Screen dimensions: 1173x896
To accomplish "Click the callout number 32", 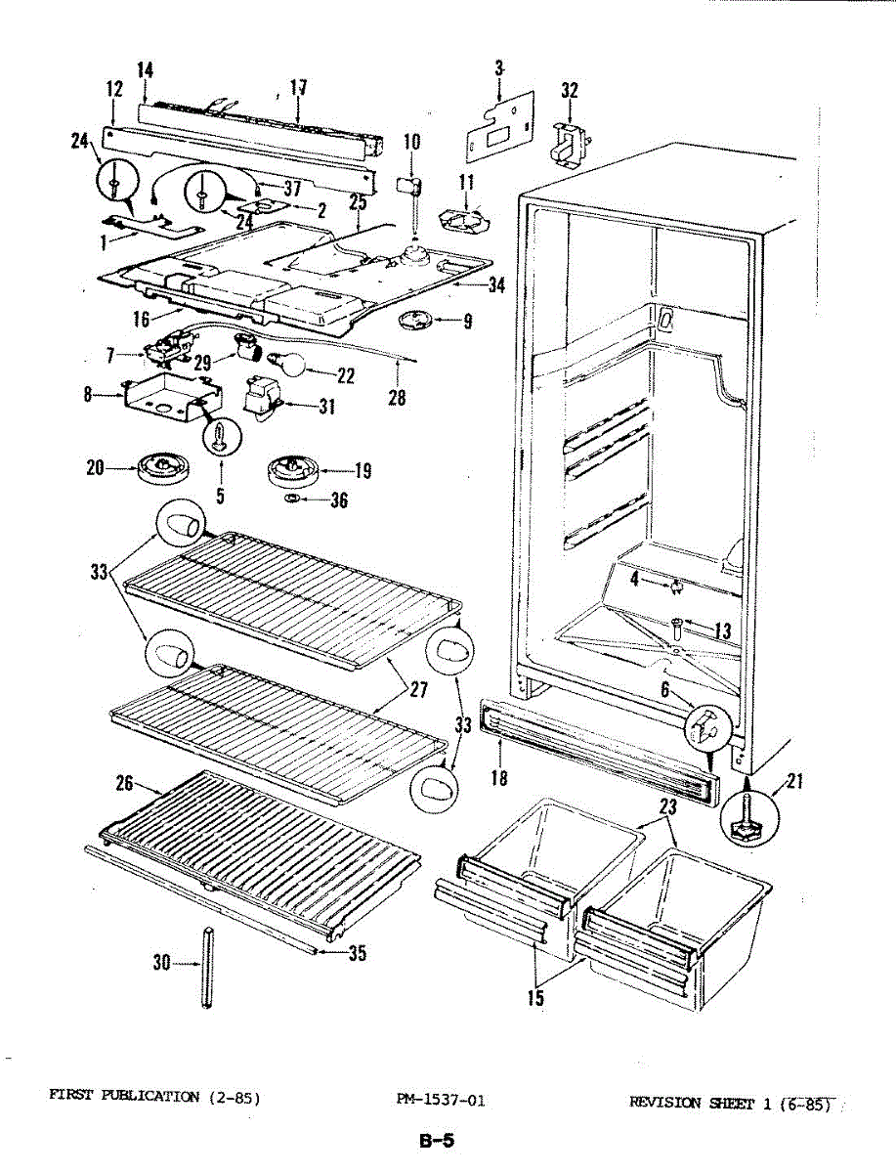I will (x=570, y=90).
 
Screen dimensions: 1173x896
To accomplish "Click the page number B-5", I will (x=436, y=1140).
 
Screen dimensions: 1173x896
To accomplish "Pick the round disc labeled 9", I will (x=421, y=320).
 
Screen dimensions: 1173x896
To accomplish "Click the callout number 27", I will (x=417, y=689).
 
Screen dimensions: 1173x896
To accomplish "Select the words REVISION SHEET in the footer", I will (x=692, y=1104).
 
